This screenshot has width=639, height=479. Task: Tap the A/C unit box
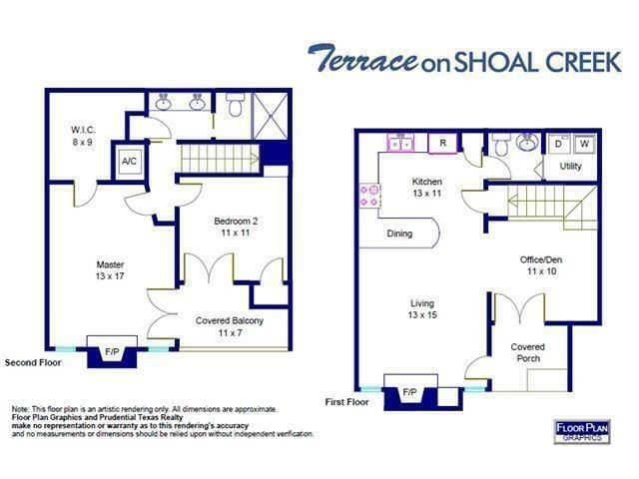[130, 162]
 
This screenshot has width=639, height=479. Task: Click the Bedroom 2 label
[237, 226]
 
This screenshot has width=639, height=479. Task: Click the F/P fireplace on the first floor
[408, 392]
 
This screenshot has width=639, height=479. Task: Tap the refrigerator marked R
[442, 144]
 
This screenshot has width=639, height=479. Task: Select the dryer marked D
[559, 144]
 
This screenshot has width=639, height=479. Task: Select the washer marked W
[585, 144]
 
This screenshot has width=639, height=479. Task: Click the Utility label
[571, 167]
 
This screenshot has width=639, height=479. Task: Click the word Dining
[400, 235]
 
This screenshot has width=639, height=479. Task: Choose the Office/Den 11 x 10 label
[539, 265]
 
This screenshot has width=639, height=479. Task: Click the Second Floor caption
[33, 363]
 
